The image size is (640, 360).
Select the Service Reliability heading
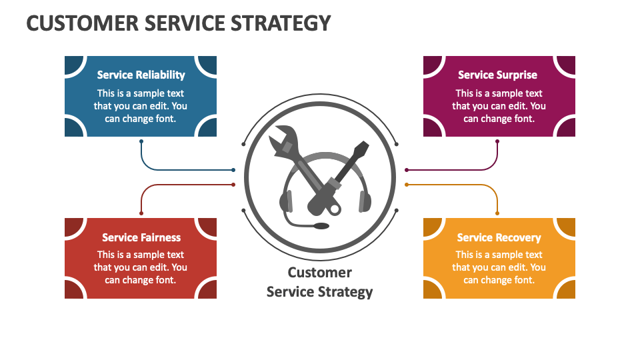(x=141, y=75)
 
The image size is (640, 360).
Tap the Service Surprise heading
(x=497, y=75)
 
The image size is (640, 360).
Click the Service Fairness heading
(x=141, y=237)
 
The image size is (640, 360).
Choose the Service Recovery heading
(x=499, y=237)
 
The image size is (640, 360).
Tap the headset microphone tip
(x=321, y=227)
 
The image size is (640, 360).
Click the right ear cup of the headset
(x=365, y=201)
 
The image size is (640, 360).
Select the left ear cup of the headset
(x=287, y=201)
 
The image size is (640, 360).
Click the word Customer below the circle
(x=319, y=272)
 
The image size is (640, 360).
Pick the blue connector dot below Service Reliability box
(x=141, y=141)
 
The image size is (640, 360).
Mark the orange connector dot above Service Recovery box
(x=497, y=213)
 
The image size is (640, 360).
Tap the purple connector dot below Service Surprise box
(x=497, y=141)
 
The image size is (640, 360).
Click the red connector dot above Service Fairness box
(x=141, y=213)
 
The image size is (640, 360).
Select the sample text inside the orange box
(x=499, y=267)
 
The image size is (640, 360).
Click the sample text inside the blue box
(x=141, y=106)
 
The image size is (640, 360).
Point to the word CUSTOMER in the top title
(x=69, y=23)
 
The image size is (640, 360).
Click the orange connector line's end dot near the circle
(x=406, y=185)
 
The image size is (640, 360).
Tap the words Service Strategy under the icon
(x=319, y=291)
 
